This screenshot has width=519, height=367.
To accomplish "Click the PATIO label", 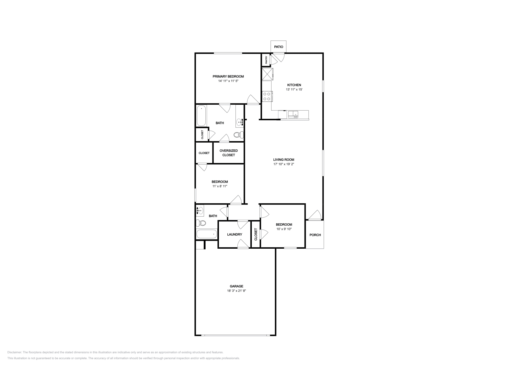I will (x=278, y=47).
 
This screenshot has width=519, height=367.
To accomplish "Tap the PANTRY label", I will (x=266, y=60).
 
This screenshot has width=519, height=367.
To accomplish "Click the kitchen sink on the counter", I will (x=293, y=114).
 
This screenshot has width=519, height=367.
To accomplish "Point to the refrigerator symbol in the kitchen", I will (x=268, y=74).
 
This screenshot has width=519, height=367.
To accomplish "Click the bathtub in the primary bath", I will (x=201, y=116).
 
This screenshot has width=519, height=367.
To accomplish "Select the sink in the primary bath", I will (x=240, y=122).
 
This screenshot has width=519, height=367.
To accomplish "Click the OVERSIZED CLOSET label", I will (x=229, y=153).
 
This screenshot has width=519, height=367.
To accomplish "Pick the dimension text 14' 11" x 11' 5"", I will (x=228, y=81).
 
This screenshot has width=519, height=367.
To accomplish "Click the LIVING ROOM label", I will (x=284, y=160).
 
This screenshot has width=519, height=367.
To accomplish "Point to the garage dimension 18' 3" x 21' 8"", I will (x=236, y=291).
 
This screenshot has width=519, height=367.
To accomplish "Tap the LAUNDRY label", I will (x=235, y=234).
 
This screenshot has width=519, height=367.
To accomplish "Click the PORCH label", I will (x=315, y=235).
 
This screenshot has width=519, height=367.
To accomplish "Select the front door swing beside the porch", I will (x=315, y=215).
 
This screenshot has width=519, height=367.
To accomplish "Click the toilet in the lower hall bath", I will (x=201, y=223).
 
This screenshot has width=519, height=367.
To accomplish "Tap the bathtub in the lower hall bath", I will (x=207, y=234).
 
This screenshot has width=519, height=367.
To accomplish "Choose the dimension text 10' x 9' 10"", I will (x=284, y=229).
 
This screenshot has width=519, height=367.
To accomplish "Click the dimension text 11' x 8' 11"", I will (x=220, y=186).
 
